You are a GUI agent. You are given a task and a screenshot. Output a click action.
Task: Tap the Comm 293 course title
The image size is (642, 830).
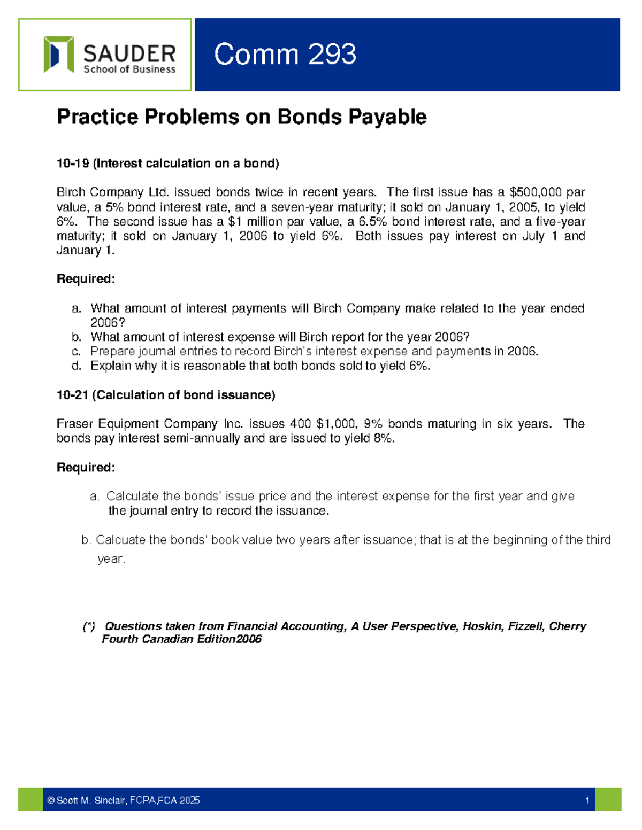point(285,55)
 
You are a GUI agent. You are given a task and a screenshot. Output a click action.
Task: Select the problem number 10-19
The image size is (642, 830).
point(73,164)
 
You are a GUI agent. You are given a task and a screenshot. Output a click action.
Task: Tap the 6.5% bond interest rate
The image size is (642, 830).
point(370,222)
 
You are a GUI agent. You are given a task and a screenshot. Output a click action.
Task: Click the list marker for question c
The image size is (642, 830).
point(77,352)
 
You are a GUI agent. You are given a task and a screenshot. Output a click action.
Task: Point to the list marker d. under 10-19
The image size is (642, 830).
point(77,366)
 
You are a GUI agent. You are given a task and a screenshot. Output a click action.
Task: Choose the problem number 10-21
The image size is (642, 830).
point(73,395)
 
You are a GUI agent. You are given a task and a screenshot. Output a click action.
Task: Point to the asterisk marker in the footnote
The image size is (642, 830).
point(89,626)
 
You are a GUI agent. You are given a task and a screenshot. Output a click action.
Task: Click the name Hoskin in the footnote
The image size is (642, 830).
point(481,626)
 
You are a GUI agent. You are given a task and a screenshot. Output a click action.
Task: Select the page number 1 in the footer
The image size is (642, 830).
point(587,801)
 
